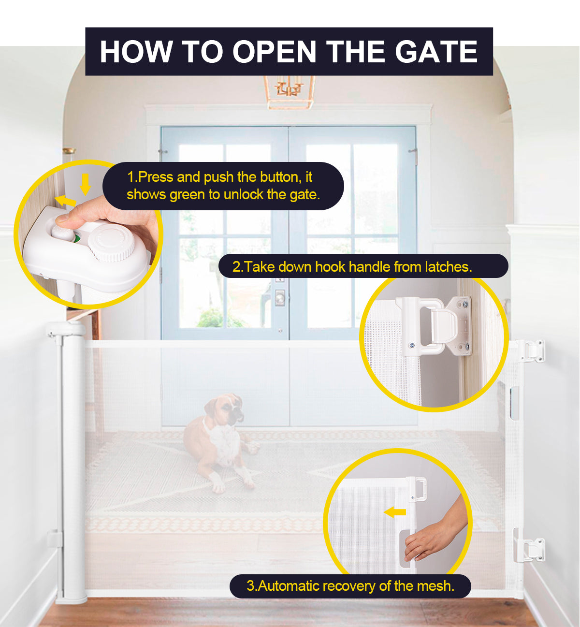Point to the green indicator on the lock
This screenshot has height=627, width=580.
(76, 237)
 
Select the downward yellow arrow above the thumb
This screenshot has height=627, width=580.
(86, 184)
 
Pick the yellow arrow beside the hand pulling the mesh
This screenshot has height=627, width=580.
(395, 512)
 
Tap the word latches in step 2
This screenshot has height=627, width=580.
(448, 266)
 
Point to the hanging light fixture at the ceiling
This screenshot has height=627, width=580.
(289, 92)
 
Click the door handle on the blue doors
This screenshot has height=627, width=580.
(280, 297)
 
